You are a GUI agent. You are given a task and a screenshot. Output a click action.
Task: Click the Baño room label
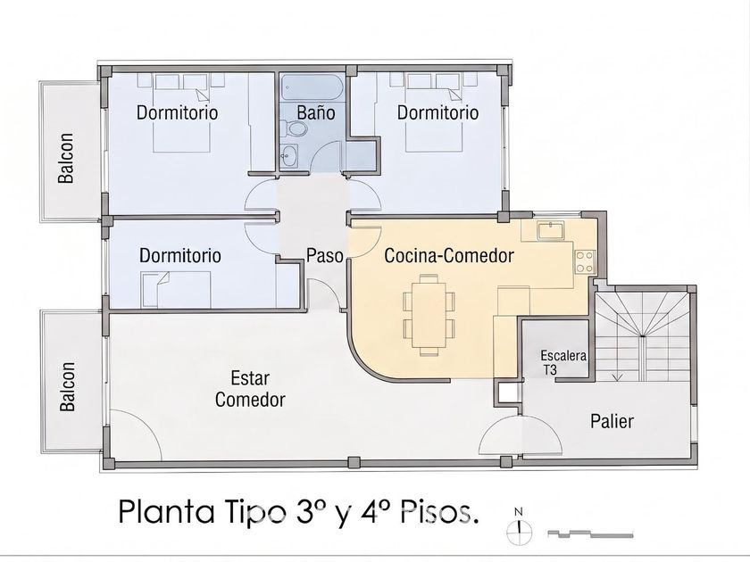(316, 112)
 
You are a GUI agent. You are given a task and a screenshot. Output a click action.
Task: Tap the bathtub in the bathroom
(312, 87)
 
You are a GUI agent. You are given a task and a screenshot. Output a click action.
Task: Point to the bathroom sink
(288, 155)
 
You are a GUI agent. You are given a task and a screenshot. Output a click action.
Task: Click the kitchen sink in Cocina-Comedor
(551, 230)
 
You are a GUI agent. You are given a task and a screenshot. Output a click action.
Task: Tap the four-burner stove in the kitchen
(584, 262)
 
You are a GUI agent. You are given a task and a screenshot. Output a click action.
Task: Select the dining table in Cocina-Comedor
(429, 315)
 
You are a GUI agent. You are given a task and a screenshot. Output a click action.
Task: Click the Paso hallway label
(325, 256)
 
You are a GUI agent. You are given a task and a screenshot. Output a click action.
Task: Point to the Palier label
(612, 421)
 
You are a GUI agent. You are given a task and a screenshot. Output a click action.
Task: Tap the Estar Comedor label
(250, 389)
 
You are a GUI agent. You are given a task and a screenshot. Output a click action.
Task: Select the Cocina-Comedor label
(448, 256)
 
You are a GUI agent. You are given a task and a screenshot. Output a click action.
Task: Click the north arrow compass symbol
(519, 527)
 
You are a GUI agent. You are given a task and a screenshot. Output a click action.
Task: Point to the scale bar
(590, 533)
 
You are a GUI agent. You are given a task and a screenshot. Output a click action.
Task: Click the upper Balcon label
(66, 158)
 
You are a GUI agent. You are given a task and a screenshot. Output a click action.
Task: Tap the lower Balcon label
(67, 386)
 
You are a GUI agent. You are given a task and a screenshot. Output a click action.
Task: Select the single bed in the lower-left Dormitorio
(176, 289)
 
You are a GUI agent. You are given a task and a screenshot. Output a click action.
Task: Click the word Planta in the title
(166, 512)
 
